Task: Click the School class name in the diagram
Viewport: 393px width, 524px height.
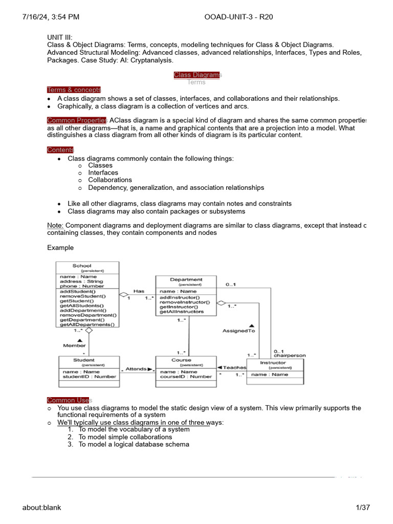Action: tap(82, 266)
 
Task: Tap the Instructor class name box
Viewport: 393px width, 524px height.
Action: tap(273, 362)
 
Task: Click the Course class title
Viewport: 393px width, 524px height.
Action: tap(181, 360)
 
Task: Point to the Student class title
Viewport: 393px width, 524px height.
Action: tap(84, 360)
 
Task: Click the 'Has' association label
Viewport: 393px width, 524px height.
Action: tap(139, 291)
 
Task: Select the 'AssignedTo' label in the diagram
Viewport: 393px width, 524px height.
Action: tap(238, 331)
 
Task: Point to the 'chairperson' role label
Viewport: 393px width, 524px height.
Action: tap(290, 355)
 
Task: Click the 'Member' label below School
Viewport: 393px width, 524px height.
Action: tap(74, 345)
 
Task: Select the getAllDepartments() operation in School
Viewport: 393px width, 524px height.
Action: tap(88, 324)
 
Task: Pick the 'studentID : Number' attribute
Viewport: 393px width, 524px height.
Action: tap(89, 377)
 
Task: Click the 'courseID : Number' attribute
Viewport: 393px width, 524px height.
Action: tap(186, 377)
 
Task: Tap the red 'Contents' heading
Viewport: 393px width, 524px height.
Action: tap(60, 150)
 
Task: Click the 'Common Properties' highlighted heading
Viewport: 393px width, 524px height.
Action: tap(76, 120)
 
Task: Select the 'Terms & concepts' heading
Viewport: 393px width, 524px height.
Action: tap(74, 90)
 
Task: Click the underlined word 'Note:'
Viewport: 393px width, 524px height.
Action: tap(55, 226)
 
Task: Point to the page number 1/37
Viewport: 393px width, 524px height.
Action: tap(363, 508)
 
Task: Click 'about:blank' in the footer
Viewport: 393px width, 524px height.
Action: tap(41, 508)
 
